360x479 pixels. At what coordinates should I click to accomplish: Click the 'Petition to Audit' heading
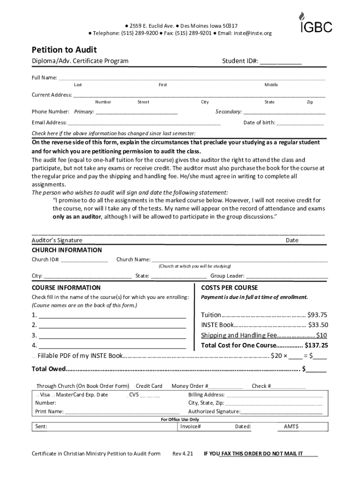(x=64, y=50)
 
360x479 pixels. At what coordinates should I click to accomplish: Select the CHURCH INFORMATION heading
(x=66, y=250)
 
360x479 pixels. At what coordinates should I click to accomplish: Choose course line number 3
(x=112, y=336)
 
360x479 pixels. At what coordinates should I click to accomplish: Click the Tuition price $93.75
(x=318, y=315)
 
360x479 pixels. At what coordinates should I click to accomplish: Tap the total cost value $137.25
(x=317, y=346)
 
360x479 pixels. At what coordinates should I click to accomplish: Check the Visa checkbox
(x=37, y=395)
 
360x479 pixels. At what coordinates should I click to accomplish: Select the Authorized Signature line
(x=281, y=412)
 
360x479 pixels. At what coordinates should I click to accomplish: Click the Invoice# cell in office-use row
(x=191, y=427)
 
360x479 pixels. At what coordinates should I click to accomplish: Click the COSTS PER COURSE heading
(x=229, y=288)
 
